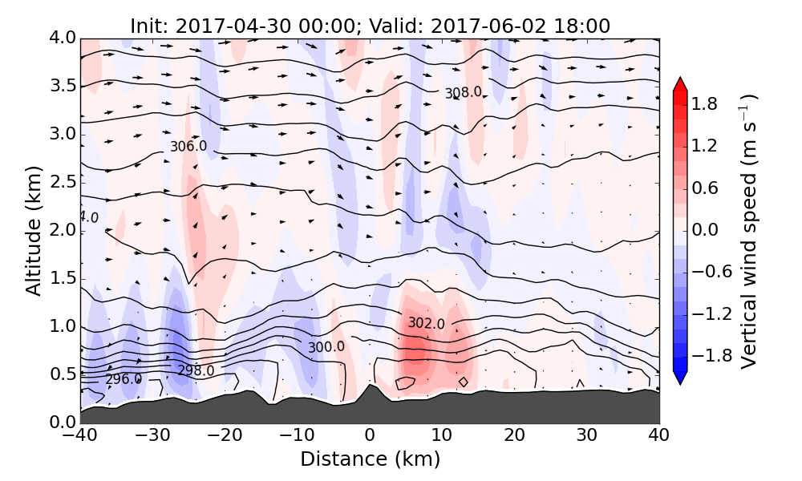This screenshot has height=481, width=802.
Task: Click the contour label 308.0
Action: coord(464,93)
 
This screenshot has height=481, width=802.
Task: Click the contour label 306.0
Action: coord(188,147)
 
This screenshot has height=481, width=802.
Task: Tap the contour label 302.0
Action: coord(426,323)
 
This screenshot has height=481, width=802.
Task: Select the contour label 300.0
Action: coord(326,347)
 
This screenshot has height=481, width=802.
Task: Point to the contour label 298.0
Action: coord(196,370)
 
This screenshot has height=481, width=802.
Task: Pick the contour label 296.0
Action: coord(124,379)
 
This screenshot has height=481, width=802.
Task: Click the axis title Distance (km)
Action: coord(370,459)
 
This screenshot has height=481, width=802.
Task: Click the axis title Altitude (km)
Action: coord(33,230)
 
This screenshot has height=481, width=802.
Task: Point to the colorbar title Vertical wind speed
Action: coord(748,240)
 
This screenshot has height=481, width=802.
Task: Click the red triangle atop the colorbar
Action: coord(680,83)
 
